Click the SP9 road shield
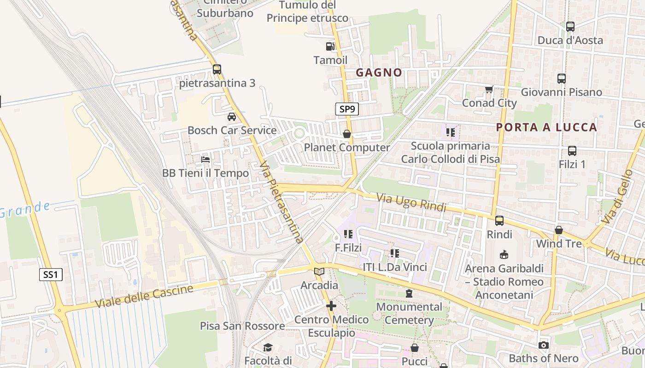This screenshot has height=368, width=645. coord(346,109)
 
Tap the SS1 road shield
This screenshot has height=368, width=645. coord(50,275)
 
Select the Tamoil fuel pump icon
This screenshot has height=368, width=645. coord(330,46)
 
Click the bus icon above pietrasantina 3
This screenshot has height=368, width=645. coord(217,69)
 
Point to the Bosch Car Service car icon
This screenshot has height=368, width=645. coord(232,117)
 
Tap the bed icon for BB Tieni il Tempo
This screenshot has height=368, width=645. coord(205,160)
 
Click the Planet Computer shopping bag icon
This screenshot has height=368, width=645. coord(346,134)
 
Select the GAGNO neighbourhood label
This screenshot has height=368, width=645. coord(379,72)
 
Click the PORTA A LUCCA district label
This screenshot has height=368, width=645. coord(546,127)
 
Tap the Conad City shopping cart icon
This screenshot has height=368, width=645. coord(489,89)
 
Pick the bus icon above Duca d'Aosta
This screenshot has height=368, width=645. coord(570,27)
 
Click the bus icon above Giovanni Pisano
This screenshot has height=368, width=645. coord(561,79)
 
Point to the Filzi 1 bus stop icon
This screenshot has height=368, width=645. coord(572,150)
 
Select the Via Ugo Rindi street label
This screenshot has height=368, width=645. coord(411,203)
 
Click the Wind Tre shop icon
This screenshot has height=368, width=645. coord(559,230)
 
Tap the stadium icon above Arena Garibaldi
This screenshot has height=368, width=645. coord(504,254)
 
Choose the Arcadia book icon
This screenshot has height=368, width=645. coord(319,272)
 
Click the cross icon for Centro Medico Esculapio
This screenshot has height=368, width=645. coord(331,305)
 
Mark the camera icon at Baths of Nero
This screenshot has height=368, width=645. coord(544,345)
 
